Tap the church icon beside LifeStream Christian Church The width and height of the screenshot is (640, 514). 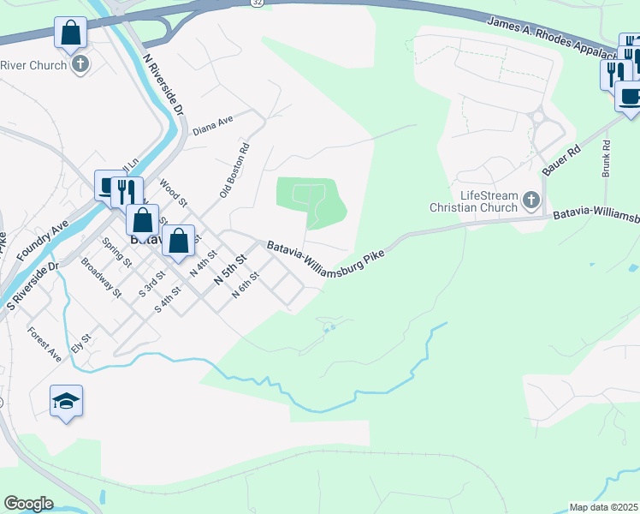tap(531, 201)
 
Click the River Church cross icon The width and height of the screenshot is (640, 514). tap(80, 63)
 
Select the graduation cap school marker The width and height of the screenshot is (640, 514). tap(66, 400)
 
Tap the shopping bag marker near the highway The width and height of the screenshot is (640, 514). tap(71, 35)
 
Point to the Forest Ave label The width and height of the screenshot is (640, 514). tap(44, 344)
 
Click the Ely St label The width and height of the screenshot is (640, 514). tap(80, 344)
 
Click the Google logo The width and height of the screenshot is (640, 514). tap(28, 504)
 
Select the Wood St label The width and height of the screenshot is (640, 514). tap(174, 192)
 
